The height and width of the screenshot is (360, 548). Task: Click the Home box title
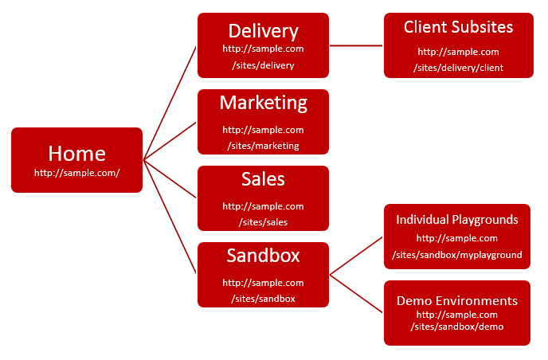pyautogui.click(x=76, y=153)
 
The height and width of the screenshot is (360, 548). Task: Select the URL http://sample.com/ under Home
pyautogui.click(x=76, y=172)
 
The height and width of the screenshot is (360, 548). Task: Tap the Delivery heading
pyautogui.click(x=263, y=31)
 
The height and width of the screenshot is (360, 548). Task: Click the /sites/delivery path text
pyautogui.click(x=263, y=65)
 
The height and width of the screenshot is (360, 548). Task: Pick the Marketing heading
pyautogui.click(x=263, y=103)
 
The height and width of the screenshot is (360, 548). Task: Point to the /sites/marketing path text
pyautogui.click(x=263, y=146)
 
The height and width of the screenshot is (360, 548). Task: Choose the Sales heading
pyautogui.click(x=263, y=179)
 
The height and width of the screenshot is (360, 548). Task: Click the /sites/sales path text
pyautogui.click(x=263, y=222)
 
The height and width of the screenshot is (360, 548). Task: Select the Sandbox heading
pyautogui.click(x=263, y=256)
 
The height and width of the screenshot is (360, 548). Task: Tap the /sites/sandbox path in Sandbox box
pyautogui.click(x=263, y=299)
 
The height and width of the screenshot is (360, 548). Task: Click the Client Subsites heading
pyautogui.click(x=458, y=27)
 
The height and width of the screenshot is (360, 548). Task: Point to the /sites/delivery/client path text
pyautogui.click(x=458, y=68)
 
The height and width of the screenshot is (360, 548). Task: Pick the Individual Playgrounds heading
pyautogui.click(x=457, y=219)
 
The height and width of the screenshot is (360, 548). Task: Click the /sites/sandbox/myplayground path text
pyautogui.click(x=457, y=255)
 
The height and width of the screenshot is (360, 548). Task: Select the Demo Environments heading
pyautogui.click(x=457, y=300)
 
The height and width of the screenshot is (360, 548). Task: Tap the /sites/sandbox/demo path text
pyautogui.click(x=457, y=327)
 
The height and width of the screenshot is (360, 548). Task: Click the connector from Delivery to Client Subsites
pyautogui.click(x=356, y=45)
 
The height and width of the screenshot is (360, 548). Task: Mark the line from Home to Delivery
pyautogui.click(x=170, y=100)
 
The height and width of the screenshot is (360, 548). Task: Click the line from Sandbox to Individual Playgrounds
pyautogui.click(x=356, y=255)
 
